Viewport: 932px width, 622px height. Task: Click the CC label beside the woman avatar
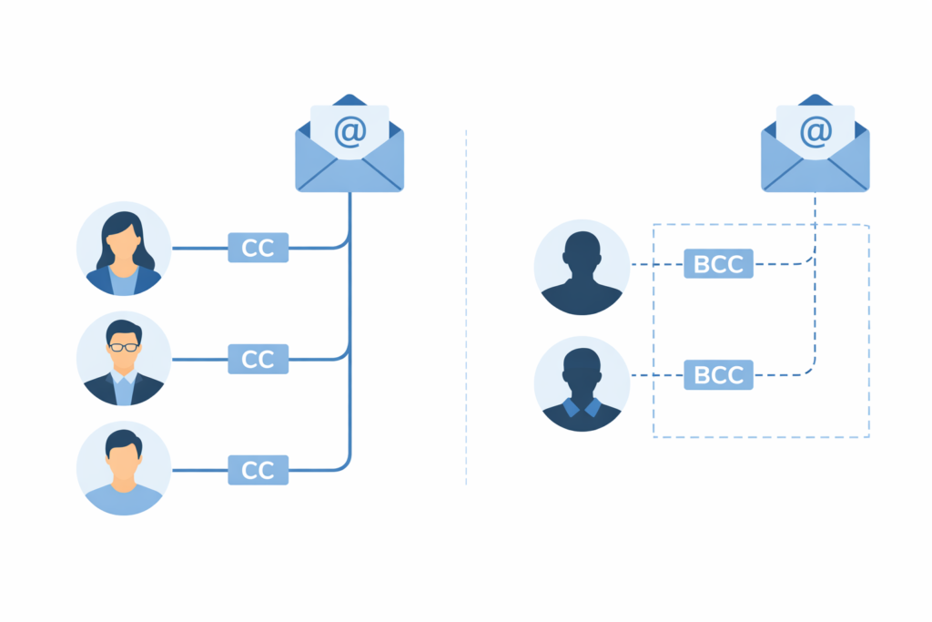coord(258,248)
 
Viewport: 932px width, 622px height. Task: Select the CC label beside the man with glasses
coord(258,360)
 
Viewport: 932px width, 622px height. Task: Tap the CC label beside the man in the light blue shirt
coord(258,470)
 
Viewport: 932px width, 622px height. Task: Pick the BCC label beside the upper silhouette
coord(718,264)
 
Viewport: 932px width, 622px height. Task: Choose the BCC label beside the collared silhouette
coord(718,374)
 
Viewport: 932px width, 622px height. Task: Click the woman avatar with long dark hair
coord(124,249)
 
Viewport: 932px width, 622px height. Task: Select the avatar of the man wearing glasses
coord(124,360)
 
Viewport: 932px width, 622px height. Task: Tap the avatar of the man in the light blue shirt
coord(124,469)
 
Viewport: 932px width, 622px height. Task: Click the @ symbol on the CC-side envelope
coord(349,132)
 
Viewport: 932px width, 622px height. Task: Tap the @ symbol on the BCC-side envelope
coord(815,132)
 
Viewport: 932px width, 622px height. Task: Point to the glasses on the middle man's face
coord(124,347)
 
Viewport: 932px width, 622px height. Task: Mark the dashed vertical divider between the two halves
coord(466,310)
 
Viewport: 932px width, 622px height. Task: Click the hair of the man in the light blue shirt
coord(122,441)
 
